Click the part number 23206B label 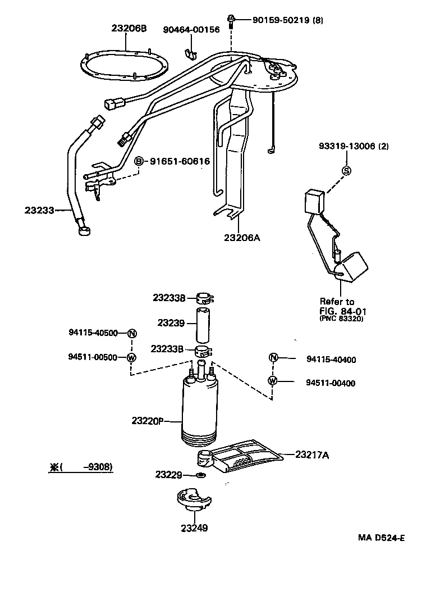pyautogui.click(x=129, y=28)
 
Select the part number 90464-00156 pyautogui.click(x=191, y=29)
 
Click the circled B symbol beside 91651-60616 pyautogui.click(x=140, y=161)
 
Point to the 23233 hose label pyautogui.click(x=39, y=211)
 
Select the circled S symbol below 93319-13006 pyautogui.click(x=346, y=171)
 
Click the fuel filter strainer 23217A pyautogui.click(x=247, y=457)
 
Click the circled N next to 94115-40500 pyautogui.click(x=131, y=333)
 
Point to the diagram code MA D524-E pyautogui.click(x=382, y=538)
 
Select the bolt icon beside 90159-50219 pyautogui.click(x=231, y=21)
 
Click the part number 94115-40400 pyautogui.click(x=331, y=360)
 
